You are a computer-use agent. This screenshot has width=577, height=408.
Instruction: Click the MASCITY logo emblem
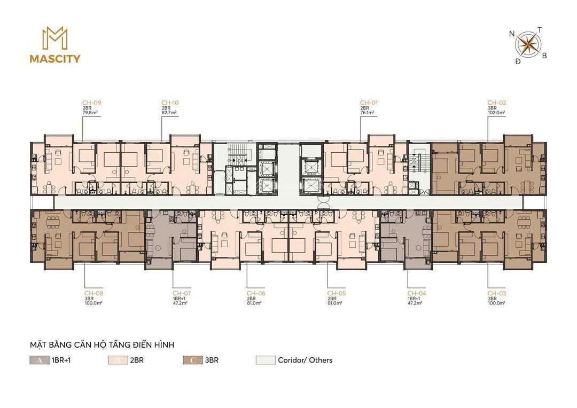point(55,38)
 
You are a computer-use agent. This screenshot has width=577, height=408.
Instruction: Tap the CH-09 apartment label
point(92,103)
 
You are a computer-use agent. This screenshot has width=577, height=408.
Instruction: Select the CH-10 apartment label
point(170,103)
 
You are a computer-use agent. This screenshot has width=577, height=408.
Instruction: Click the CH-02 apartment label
point(496,103)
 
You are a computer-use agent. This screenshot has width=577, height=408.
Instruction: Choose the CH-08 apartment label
point(93,293)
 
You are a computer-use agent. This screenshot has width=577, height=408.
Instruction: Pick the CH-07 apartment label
point(182,293)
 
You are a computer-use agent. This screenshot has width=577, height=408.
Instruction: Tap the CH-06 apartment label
point(256,293)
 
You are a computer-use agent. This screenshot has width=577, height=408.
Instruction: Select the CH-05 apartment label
point(337,293)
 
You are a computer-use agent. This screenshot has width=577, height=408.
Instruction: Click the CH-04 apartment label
point(417,293)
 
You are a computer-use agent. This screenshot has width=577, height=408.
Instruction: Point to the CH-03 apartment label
point(496,293)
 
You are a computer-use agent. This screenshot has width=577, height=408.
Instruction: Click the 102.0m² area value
point(496,113)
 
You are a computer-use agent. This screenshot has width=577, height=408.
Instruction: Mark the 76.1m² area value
point(367,113)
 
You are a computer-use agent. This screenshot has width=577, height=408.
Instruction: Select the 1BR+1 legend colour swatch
point(39,360)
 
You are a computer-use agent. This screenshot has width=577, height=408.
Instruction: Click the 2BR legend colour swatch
point(118,360)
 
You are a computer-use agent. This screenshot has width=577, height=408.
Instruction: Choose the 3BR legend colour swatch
point(192,360)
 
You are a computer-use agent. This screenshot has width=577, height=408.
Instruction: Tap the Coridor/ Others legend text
point(305,360)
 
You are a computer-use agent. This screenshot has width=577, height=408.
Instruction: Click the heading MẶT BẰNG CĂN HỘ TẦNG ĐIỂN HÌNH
point(102,345)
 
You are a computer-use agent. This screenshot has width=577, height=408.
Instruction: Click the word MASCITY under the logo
point(55,59)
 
